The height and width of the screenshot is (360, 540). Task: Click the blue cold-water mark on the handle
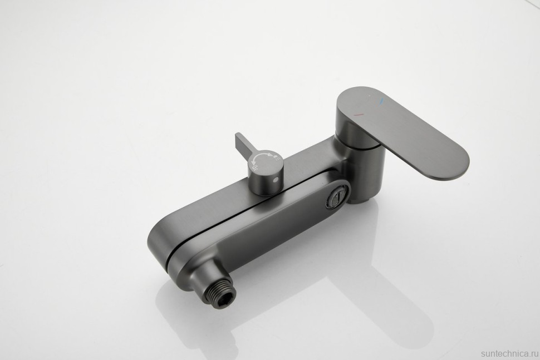[381, 101]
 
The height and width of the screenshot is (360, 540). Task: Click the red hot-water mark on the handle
[359, 114]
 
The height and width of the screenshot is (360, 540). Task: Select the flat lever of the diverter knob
[244, 147]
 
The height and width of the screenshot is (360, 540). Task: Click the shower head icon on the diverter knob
[276, 158]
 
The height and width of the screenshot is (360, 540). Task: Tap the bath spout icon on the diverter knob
[256, 168]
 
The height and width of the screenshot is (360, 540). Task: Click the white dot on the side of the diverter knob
[275, 180]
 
